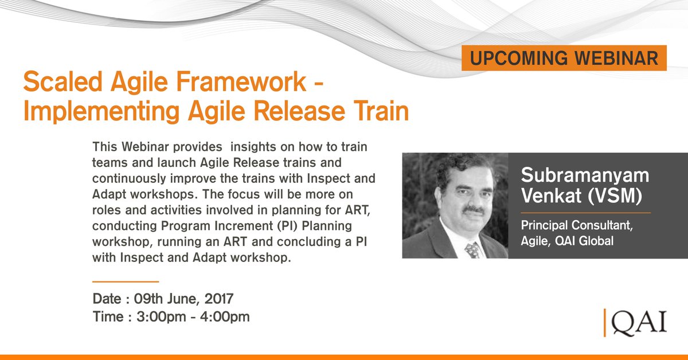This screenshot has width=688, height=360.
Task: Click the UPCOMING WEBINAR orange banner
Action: pyautogui.click(x=564, y=58)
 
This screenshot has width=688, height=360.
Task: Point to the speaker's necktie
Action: pyautogui.click(x=472, y=249)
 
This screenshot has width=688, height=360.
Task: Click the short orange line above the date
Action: pyautogui.click(x=125, y=282)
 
